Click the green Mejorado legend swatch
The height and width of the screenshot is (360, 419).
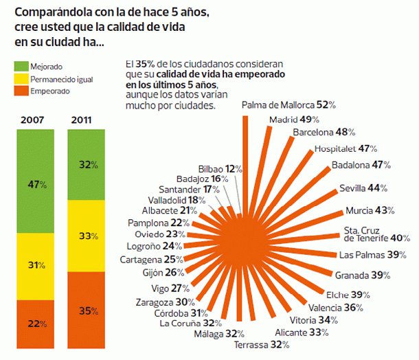[x=21, y=66]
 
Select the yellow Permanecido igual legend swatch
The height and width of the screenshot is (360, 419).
[x=21, y=78]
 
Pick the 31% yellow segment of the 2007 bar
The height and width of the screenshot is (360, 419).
[x=32, y=265]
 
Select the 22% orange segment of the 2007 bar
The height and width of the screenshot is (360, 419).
[x=32, y=323]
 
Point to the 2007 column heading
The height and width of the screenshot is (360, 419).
[x=32, y=120]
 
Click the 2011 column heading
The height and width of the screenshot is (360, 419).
[x=84, y=120]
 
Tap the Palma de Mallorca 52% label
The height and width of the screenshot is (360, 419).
[x=288, y=105]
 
